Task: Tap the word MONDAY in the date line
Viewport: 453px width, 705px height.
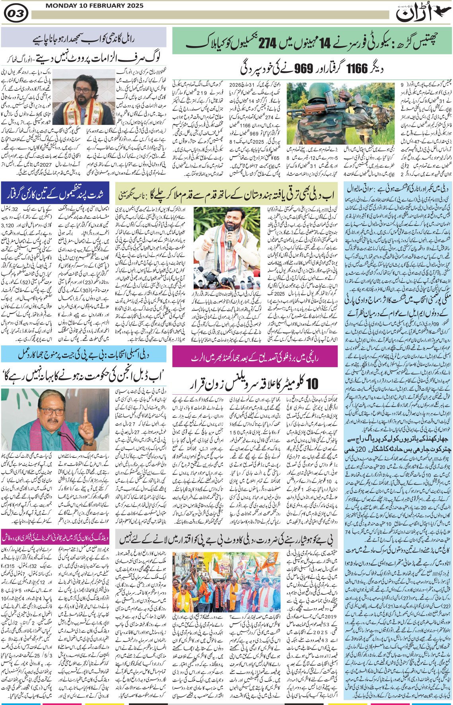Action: click(x=59, y=6)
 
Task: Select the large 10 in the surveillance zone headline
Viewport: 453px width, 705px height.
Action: click(x=312, y=384)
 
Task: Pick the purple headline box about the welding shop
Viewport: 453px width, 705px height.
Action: click(x=56, y=534)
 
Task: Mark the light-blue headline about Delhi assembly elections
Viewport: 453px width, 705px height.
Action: click(x=84, y=354)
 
